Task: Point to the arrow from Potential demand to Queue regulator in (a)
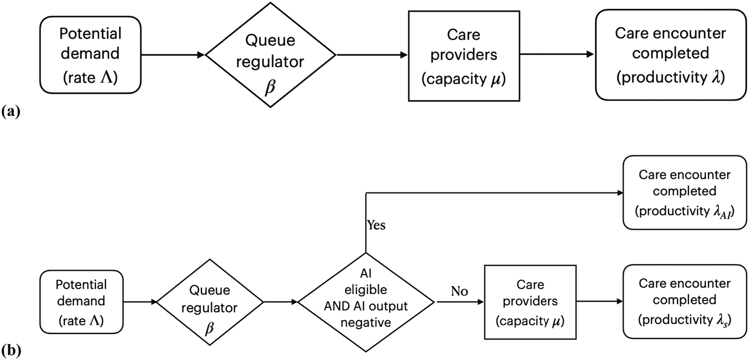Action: click(173, 54)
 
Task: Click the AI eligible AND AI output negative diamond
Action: click(366, 302)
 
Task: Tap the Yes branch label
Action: click(376, 225)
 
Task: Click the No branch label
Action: click(459, 292)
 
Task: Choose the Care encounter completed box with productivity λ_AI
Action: click(684, 192)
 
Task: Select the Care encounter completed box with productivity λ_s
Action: click(684, 301)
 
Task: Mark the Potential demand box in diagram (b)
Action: click(81, 302)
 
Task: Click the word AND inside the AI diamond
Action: click(339, 310)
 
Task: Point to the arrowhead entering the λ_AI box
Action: click(619, 192)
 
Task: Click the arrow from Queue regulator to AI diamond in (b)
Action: click(281, 302)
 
